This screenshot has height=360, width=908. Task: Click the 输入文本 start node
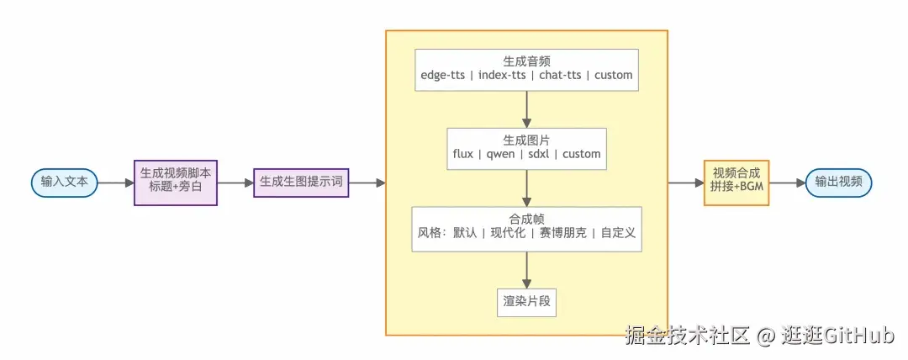pyautogui.click(x=64, y=182)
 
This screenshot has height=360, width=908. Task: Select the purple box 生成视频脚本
pyautogui.click(x=175, y=182)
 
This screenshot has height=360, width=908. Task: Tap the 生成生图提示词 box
pyautogui.click(x=301, y=182)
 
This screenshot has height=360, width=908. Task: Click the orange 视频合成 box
pyautogui.click(x=736, y=182)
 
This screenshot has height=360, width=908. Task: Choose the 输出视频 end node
pyautogui.click(x=838, y=182)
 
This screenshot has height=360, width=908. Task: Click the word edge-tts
pyautogui.click(x=445, y=76)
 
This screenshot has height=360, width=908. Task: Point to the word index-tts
pyautogui.click(x=502, y=76)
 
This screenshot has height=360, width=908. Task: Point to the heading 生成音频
pyautogui.click(x=527, y=61)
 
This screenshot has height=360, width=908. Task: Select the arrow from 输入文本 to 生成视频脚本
pyautogui.click(x=115, y=182)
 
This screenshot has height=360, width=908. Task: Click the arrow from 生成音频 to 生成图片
pyautogui.click(x=527, y=109)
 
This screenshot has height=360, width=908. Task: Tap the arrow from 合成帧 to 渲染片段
pyautogui.click(x=527, y=270)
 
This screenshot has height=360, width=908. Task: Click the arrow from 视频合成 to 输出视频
pyautogui.click(x=786, y=182)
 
